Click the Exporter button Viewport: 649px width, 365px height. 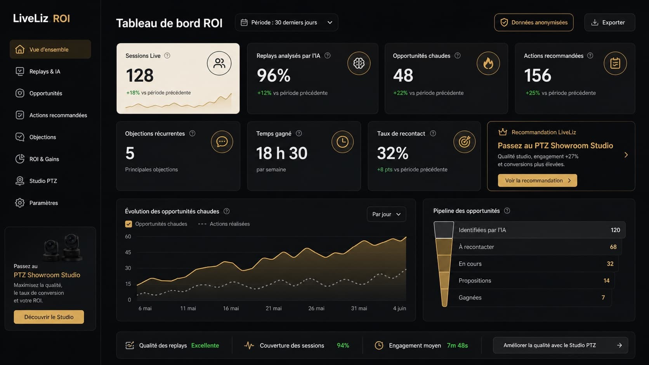click(609, 22)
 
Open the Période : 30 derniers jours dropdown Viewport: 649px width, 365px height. click(286, 22)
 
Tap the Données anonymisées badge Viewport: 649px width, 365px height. click(534, 22)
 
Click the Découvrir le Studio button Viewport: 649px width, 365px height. click(49, 317)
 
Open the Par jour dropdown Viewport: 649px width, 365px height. click(386, 214)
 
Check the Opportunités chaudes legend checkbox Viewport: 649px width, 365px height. click(128, 224)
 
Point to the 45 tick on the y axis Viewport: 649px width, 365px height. click(128, 252)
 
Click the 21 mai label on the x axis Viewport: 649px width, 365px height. click(274, 308)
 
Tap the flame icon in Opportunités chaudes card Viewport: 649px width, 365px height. click(488, 63)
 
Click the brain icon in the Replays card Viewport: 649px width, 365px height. click(359, 63)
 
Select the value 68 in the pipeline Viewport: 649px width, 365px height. click(613, 247)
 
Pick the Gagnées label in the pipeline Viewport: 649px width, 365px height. click(470, 297)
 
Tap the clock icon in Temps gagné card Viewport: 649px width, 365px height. click(342, 142)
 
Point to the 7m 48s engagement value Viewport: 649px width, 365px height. click(457, 345)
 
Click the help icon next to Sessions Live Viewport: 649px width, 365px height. click(167, 55)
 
